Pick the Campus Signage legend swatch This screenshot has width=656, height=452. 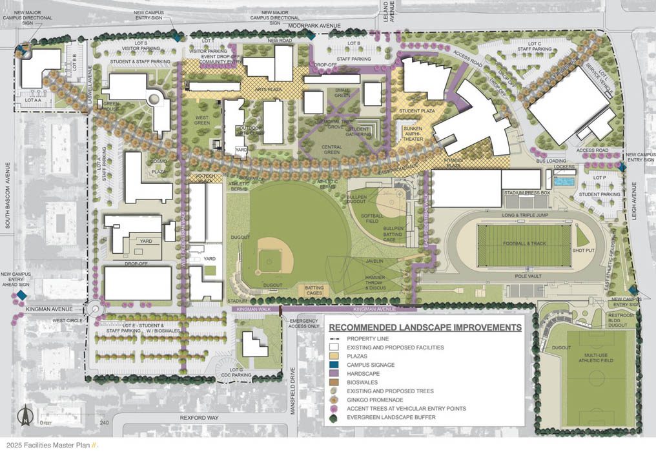334,365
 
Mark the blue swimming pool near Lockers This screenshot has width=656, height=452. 566,182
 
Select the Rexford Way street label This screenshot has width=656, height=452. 199,418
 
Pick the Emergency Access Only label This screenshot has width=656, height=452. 305,324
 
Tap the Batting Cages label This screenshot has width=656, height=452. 314,291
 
